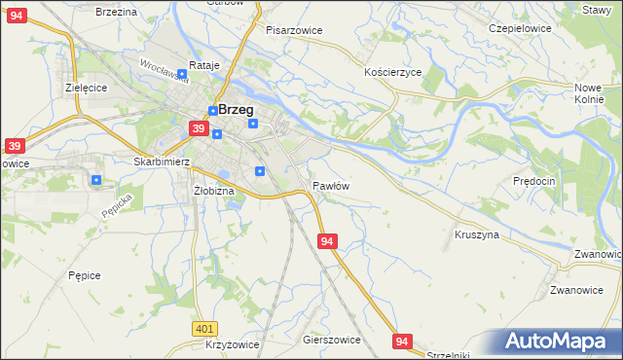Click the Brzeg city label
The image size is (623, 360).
[x=237, y=110]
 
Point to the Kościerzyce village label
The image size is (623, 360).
[x=392, y=73]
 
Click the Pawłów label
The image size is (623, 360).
[x=331, y=185]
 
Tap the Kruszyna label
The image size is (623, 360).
[x=477, y=234]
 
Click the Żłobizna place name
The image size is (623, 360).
[x=214, y=191]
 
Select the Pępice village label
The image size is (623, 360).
[x=85, y=275]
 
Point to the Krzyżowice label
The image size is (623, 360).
[x=232, y=345]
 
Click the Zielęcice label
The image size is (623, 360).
[x=86, y=87]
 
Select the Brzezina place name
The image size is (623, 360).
[x=117, y=11]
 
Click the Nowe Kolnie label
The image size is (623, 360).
[x=589, y=92]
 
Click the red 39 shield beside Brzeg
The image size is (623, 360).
[x=198, y=128]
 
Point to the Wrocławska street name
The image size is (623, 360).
[x=163, y=70]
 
